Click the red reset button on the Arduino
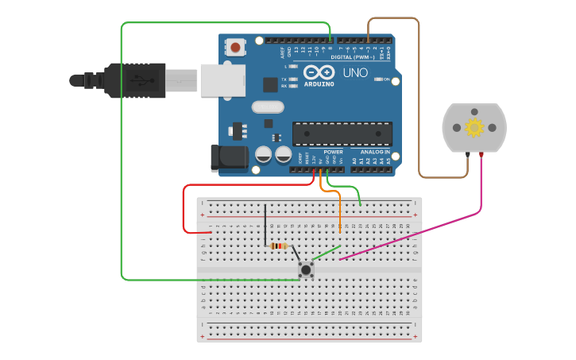pos(236,47)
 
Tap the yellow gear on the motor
pos(474,127)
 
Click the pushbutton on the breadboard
pos(306,270)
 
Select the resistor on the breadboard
pos(278,246)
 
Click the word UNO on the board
pos(355,72)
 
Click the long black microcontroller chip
pos(342,134)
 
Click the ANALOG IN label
pos(375,151)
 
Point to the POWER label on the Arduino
pos(334,151)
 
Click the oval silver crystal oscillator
pos(267,106)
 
